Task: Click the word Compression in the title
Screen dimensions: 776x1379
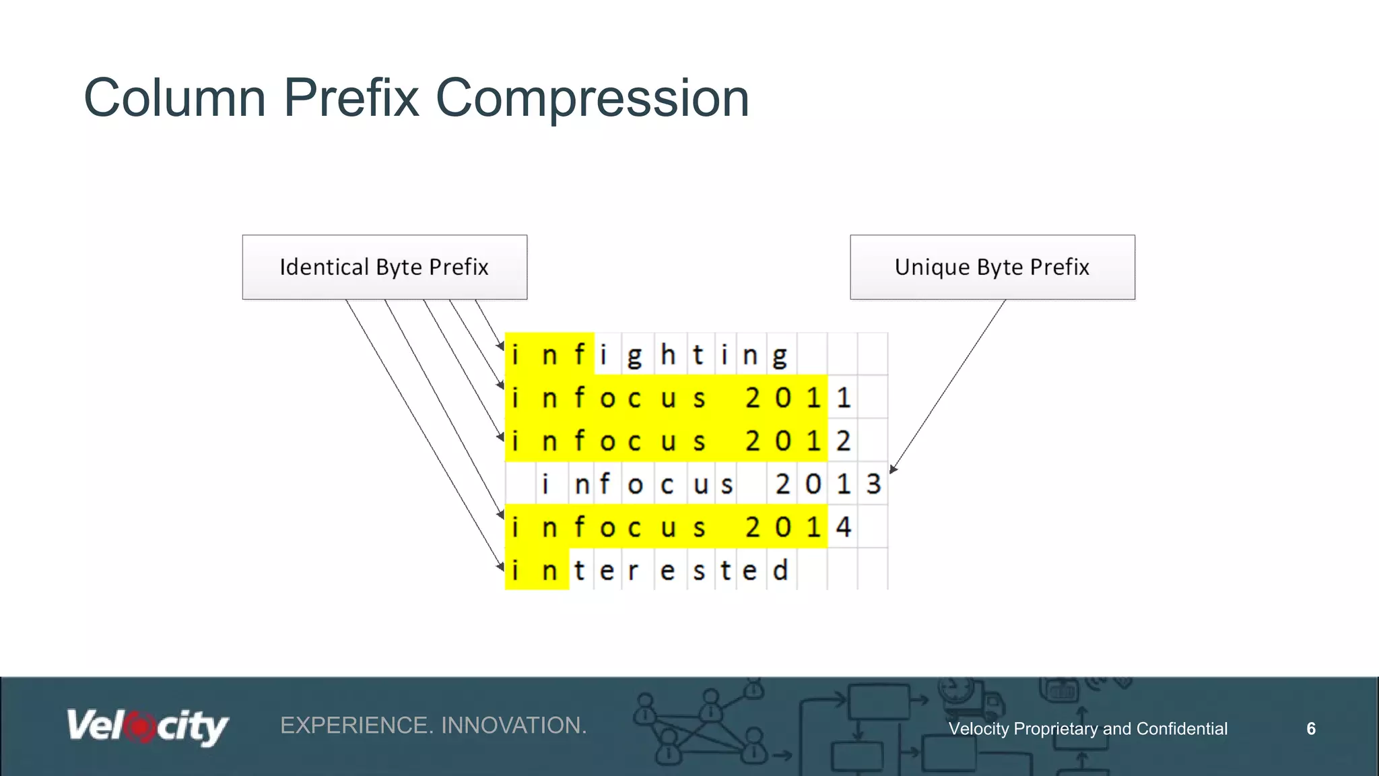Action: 593,98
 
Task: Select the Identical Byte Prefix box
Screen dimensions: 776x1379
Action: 384,267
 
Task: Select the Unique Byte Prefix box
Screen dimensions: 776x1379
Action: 992,267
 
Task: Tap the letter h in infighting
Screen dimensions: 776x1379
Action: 667,355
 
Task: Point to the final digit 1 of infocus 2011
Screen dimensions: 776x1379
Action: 844,398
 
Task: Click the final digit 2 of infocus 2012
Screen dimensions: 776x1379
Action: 844,441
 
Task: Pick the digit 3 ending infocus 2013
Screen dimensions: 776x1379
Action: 873,484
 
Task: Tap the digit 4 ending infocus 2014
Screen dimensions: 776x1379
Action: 844,527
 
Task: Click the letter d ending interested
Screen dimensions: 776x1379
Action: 780,571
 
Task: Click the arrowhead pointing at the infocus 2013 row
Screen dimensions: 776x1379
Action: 893,469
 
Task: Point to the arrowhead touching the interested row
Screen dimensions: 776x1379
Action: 501,567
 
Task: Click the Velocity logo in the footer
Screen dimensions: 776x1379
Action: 147,727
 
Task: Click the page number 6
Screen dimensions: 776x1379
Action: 1310,729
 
